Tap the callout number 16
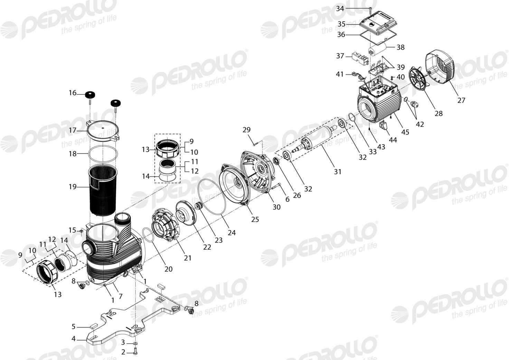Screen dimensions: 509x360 pos(73,93)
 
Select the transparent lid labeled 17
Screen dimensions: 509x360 pos(103,130)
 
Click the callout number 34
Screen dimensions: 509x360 pos(340,9)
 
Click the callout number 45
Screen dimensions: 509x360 pos(405,132)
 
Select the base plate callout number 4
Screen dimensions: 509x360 pos(73,339)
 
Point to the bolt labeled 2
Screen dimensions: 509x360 pos(136,352)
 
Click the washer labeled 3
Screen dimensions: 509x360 pos(136,343)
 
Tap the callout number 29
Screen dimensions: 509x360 pos(246,130)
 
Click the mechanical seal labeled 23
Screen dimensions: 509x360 pos(199,206)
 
